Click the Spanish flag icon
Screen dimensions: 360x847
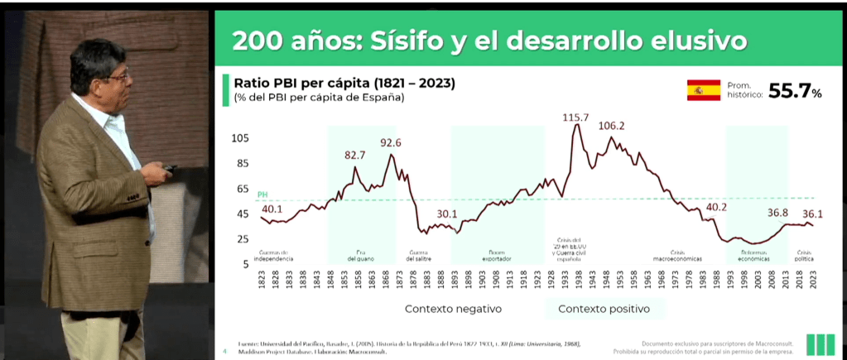click(x=703, y=90)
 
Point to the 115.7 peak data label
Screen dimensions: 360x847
click(x=575, y=118)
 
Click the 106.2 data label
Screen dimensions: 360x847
click(x=611, y=126)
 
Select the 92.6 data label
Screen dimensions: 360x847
click(x=391, y=143)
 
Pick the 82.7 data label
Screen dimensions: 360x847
click(x=354, y=155)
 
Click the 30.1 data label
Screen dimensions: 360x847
click(x=447, y=214)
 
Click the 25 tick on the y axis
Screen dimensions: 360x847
click(x=242, y=239)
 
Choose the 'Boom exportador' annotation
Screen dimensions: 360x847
click(x=497, y=256)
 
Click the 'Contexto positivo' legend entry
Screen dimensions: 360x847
click(x=603, y=309)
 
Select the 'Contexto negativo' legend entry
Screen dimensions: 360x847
click(x=453, y=309)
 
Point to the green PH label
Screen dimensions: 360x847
click(x=262, y=194)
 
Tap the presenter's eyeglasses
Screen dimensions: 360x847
click(x=118, y=77)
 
